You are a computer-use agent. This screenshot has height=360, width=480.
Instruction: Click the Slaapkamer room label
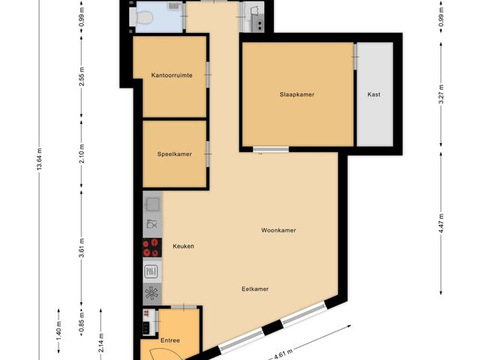click(x=297, y=94)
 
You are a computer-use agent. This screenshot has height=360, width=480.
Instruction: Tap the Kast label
click(x=373, y=94)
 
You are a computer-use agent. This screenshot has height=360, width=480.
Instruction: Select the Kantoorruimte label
click(x=172, y=75)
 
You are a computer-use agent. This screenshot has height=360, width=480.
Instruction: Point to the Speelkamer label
click(x=175, y=154)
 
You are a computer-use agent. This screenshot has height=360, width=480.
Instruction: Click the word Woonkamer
click(x=278, y=230)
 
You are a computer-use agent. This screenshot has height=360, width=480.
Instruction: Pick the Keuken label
click(x=183, y=246)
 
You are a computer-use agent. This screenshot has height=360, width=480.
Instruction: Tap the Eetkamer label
click(x=255, y=289)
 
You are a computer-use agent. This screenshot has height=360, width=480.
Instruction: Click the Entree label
click(x=170, y=340)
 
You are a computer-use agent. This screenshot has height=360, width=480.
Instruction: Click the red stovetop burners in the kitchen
click(x=152, y=247)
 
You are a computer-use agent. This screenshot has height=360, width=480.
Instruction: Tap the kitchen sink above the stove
click(x=152, y=204)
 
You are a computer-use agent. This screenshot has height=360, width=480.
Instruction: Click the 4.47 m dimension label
click(x=441, y=223)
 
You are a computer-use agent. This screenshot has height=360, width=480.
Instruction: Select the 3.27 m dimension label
click(x=441, y=94)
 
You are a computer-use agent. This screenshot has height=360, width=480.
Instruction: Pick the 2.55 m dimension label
click(x=82, y=76)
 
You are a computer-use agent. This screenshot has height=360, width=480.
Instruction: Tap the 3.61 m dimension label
click(x=82, y=248)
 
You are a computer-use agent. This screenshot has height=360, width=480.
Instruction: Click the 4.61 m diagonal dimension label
click(x=283, y=355)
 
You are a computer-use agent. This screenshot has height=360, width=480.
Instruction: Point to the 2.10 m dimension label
click(x=82, y=154)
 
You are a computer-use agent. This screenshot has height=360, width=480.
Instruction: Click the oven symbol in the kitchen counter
click(x=151, y=271)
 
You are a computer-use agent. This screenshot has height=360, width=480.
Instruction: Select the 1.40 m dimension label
click(x=58, y=330)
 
